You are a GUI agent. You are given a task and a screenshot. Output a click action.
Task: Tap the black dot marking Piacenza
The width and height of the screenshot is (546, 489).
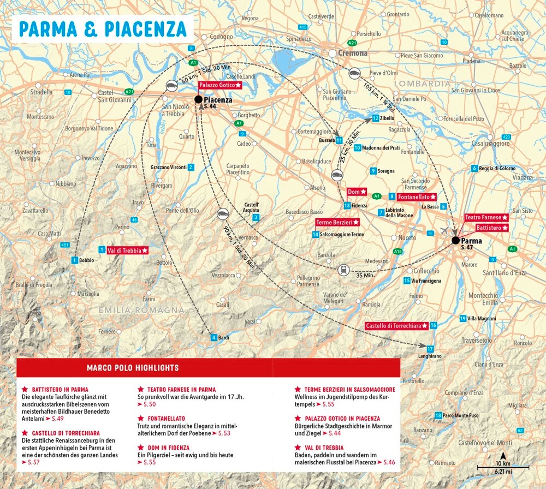[198, 99]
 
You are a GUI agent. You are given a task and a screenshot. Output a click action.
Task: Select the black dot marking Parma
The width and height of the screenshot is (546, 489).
[455, 240]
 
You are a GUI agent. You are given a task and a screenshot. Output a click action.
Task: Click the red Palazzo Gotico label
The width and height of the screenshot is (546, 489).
[219, 86]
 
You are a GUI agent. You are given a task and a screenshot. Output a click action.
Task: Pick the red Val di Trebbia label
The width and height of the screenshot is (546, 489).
[128, 251]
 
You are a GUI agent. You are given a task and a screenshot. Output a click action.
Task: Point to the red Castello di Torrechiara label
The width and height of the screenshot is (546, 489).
[396, 326]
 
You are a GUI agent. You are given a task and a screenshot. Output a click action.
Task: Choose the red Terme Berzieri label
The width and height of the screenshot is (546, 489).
[338, 223]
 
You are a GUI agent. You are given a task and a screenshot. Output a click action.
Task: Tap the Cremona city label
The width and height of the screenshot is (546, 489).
[352, 53]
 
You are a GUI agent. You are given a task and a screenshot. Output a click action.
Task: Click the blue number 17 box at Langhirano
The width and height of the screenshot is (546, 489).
[430, 349]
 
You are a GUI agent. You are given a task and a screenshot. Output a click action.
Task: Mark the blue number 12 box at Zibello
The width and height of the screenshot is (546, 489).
[375, 118]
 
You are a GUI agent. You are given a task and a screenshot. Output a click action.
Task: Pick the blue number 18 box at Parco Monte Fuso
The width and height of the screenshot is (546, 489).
[438, 416]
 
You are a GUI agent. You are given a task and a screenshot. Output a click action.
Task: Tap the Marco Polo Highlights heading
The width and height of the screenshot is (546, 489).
[132, 368]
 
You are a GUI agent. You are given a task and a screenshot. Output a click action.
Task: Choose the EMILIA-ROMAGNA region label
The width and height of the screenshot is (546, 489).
[141, 310]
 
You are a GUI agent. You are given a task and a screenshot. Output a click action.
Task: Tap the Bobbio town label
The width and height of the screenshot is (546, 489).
[86, 260]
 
